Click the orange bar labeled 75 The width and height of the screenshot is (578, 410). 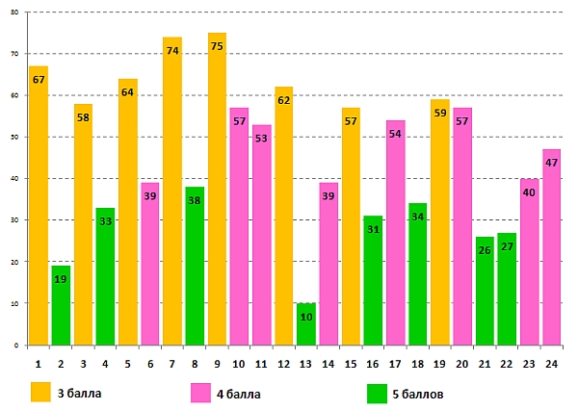(x=217, y=192)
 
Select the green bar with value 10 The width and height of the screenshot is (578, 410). (x=306, y=325)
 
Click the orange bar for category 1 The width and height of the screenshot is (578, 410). (x=39, y=207)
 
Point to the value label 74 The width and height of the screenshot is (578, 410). (x=172, y=51)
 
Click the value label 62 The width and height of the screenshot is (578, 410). (x=284, y=100)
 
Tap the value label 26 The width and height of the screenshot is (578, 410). (x=485, y=250)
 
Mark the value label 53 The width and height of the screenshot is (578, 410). (x=262, y=138)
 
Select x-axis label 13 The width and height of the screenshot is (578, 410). (x=306, y=362)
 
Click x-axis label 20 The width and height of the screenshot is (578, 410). (x=462, y=362)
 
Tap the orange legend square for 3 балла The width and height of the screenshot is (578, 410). (x=40, y=393)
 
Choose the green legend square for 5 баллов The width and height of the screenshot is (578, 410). (x=379, y=393)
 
